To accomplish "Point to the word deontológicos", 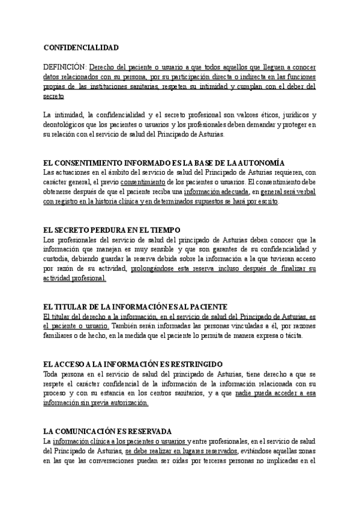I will [x=67, y=125].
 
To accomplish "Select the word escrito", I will [x=265, y=202].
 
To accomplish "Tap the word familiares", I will [x=59, y=336].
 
